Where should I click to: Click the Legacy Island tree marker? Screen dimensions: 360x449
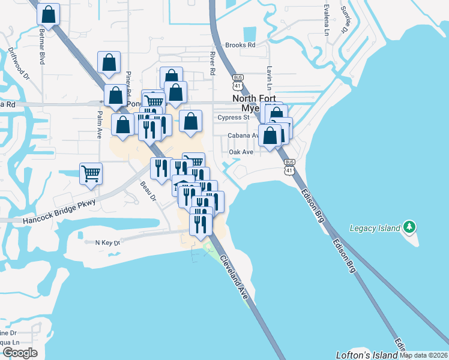410,227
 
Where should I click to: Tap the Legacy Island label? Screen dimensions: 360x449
375,229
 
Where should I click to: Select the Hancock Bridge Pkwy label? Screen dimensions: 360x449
59,212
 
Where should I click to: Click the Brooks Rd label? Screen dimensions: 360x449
240,45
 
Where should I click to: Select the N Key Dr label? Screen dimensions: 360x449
108,242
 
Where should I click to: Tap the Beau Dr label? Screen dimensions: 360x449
148,190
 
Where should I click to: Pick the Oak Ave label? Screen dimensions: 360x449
241,152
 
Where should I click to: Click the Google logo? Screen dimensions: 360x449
19,353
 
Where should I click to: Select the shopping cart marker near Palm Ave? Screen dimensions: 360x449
91,173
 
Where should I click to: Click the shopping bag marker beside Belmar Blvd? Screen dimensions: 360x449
49,14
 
